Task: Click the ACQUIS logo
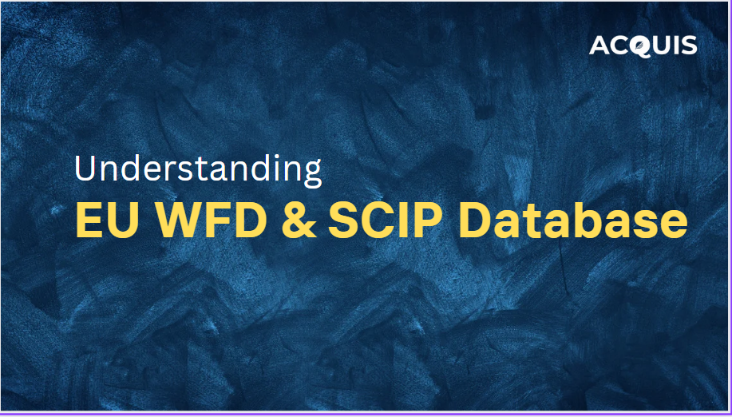tap(643, 46)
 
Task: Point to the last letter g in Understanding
tap(312, 173)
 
